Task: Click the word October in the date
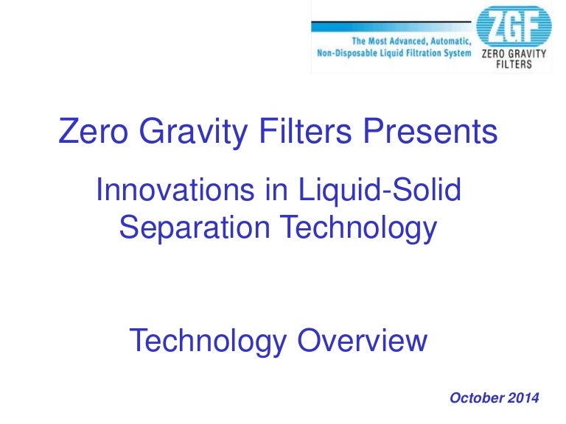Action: coord(476,398)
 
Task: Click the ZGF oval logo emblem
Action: coord(514,27)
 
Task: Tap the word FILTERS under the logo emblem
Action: coord(514,64)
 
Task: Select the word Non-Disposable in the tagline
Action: coord(349,53)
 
